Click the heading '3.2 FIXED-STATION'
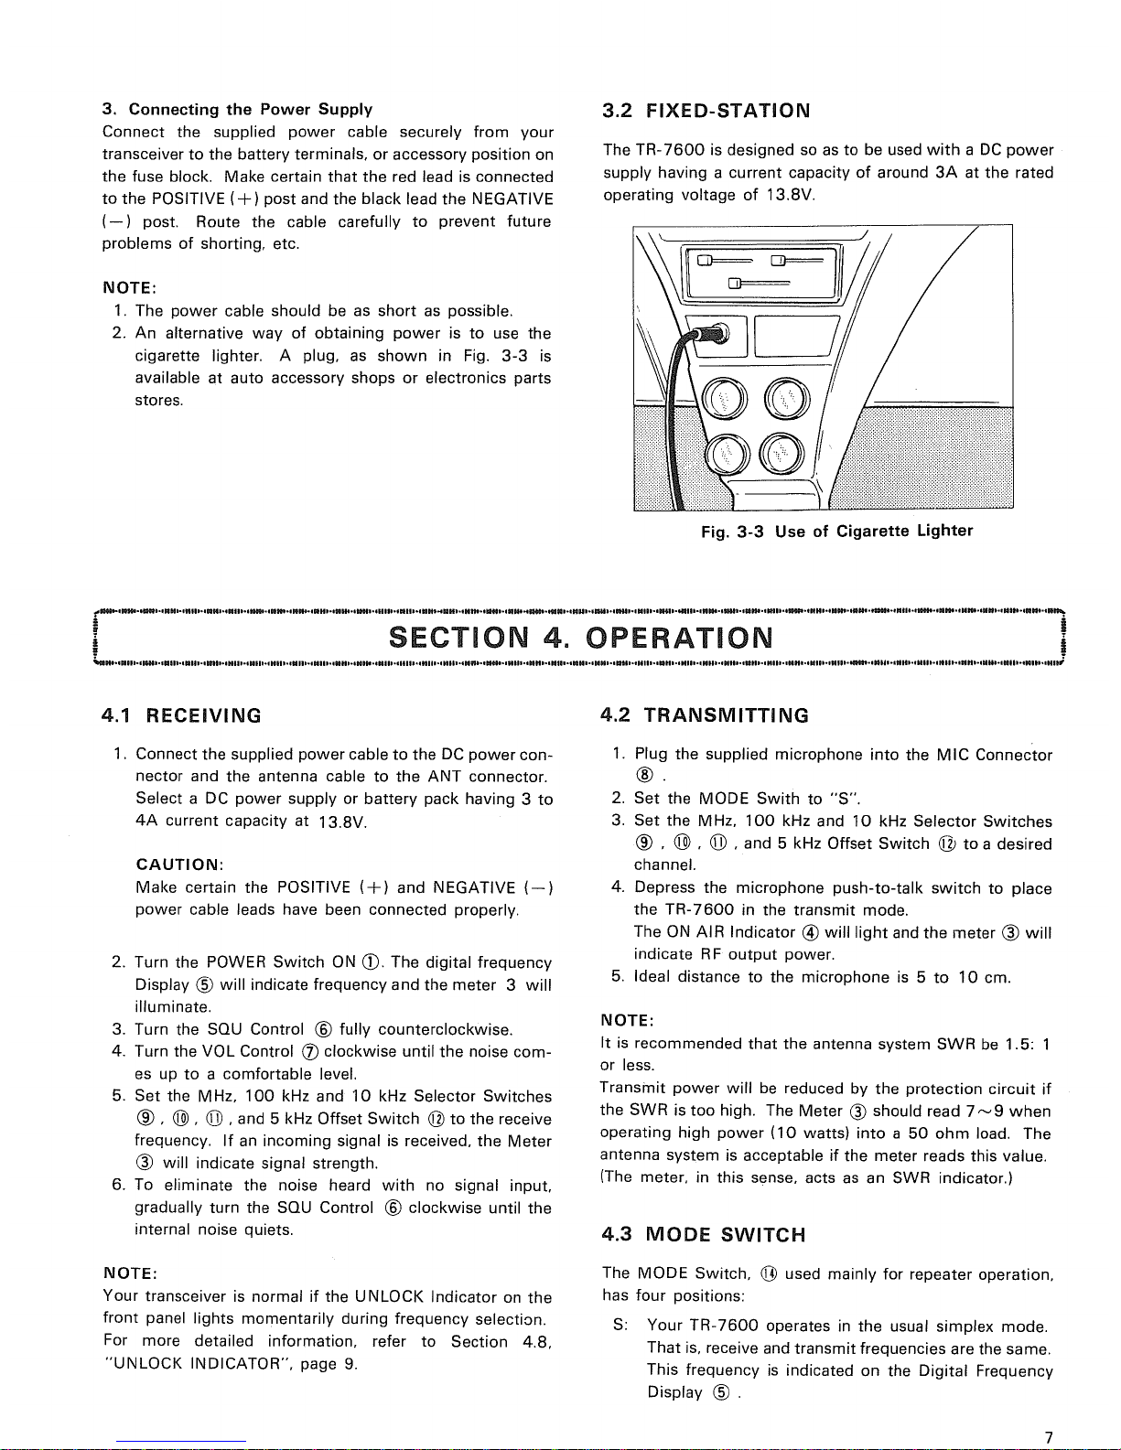click(x=706, y=112)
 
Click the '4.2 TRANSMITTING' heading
click(x=705, y=715)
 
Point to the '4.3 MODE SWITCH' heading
click(x=704, y=1235)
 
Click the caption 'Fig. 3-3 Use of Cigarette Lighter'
click(x=836, y=532)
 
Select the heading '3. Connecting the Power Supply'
click(x=237, y=110)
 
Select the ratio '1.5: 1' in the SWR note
click(x=1026, y=1044)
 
